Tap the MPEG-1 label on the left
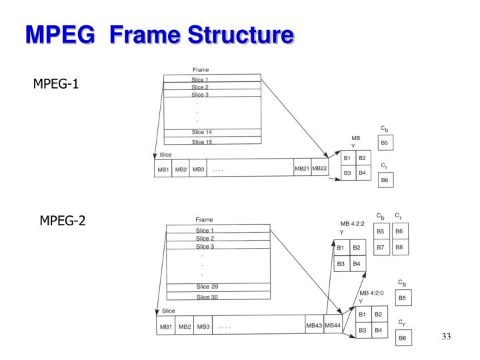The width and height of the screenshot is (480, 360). click(x=57, y=85)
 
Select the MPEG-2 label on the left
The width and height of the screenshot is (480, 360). click(x=63, y=221)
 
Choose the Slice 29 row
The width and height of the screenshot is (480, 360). click(x=207, y=287)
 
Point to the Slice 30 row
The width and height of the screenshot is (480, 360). click(x=207, y=297)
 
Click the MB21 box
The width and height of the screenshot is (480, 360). click(x=302, y=169)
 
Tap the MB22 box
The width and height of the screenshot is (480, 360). click(x=319, y=169)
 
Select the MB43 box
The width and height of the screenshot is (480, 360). click(x=314, y=326)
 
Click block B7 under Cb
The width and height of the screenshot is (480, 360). click(x=380, y=248)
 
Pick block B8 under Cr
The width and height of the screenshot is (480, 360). click(x=399, y=248)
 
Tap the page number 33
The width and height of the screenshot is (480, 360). click(x=446, y=337)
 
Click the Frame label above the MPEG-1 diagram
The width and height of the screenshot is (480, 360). click(x=201, y=69)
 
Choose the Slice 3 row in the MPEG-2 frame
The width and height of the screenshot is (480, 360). click(x=205, y=246)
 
